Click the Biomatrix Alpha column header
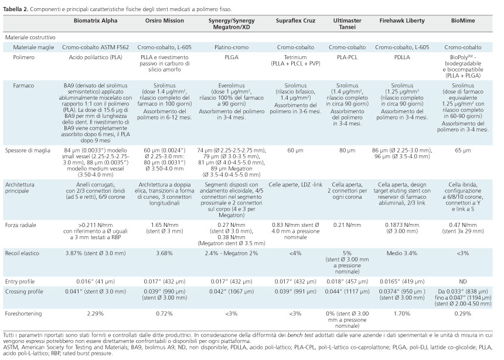point(96,21)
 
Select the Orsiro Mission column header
point(165,21)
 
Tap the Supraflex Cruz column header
point(295,21)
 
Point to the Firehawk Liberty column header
point(402,21)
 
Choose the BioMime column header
point(463,21)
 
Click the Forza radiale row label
point(21,225)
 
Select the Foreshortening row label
point(23,314)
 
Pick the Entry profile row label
point(20,282)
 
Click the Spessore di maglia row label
point(28,151)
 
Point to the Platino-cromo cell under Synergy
point(231,47)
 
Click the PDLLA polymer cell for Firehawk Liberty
point(402,57)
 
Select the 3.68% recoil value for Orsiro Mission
point(164,253)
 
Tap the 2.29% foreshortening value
point(96,314)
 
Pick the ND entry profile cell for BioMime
point(463,281)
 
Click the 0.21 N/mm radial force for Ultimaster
point(347,225)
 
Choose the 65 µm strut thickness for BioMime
point(463,151)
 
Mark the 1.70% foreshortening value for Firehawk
point(402,314)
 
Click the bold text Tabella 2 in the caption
point(15,9)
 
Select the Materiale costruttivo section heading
point(30,38)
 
